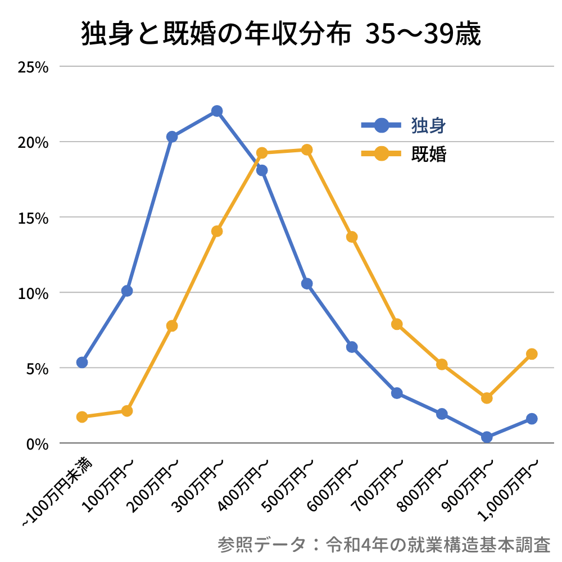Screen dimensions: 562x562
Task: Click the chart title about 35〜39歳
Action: [x=281, y=35]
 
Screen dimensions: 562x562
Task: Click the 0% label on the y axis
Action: [x=37, y=444]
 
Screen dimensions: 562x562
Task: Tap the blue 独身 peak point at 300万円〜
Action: [x=217, y=111]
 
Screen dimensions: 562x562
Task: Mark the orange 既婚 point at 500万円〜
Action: [x=307, y=150]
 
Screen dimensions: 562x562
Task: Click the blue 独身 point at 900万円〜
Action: [x=487, y=437]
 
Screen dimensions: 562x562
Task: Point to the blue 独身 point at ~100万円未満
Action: [x=82, y=362]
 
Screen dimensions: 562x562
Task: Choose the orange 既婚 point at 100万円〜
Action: [x=127, y=411]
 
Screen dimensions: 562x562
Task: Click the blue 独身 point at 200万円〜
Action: [x=172, y=137]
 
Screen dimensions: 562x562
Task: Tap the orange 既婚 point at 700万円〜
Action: [x=397, y=324]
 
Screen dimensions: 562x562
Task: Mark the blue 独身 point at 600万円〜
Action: [x=352, y=347]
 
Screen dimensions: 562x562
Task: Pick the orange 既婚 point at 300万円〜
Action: [x=217, y=231]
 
